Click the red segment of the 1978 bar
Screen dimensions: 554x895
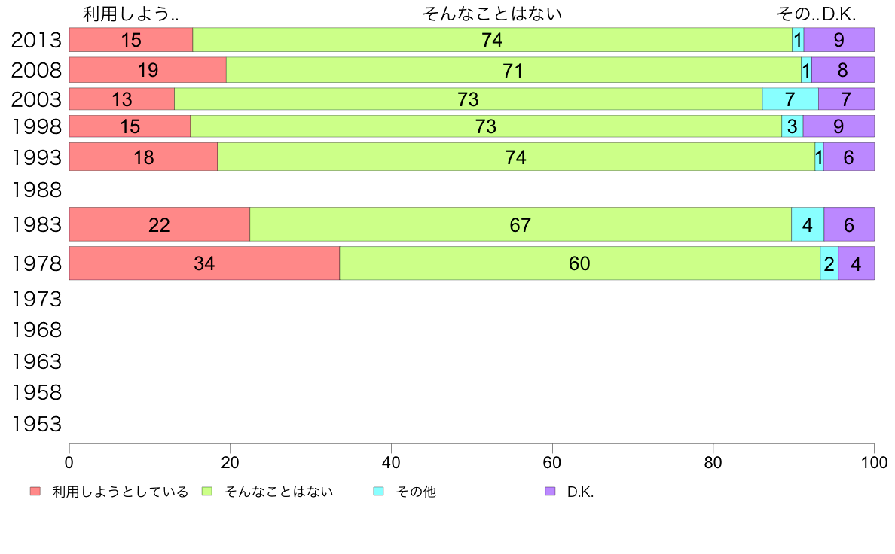coord(204,263)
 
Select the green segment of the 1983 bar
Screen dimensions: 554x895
coord(520,225)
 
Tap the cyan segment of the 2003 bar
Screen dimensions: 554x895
coord(790,99)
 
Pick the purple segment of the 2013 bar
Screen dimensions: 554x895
coord(838,40)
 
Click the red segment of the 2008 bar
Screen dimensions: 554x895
coord(148,70)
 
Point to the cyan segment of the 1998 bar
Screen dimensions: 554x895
coord(792,126)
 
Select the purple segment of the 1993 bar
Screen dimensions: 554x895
coord(848,157)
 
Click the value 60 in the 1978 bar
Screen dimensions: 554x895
coord(579,263)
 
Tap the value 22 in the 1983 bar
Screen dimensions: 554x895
coord(159,225)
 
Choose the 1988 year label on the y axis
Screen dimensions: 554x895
coord(36,188)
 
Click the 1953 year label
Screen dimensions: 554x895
coord(36,425)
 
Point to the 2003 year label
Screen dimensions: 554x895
coord(36,99)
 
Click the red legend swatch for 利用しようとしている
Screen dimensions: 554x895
coord(35,492)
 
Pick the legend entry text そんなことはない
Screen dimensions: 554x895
coord(278,492)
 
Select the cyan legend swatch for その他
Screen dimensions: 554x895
coord(379,492)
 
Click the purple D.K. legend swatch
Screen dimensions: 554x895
coord(550,492)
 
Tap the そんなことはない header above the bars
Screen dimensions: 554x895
coord(492,14)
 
